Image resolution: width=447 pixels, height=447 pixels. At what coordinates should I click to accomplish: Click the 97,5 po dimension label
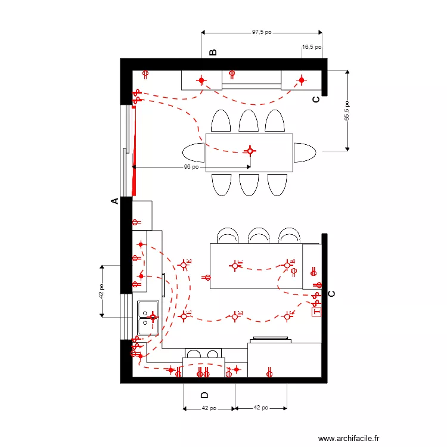[262, 32]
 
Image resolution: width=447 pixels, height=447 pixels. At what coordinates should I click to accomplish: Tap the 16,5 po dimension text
[312, 46]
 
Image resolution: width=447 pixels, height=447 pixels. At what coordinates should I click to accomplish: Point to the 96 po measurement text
[191, 167]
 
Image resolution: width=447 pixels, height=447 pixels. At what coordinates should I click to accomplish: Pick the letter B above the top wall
[213, 52]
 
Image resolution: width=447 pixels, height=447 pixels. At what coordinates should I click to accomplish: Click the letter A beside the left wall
[115, 202]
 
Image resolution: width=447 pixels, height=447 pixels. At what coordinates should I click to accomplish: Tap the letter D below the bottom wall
[205, 395]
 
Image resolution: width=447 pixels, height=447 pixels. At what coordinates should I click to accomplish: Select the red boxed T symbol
[316, 311]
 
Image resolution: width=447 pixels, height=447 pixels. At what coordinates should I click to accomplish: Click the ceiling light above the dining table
[250, 151]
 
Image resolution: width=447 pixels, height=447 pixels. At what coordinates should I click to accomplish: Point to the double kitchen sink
[148, 318]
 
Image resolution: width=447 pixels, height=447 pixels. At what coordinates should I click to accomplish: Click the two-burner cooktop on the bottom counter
[203, 355]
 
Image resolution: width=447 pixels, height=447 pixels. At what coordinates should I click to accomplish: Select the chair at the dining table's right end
[305, 153]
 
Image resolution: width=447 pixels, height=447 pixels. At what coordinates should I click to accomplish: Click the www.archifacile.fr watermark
[349, 437]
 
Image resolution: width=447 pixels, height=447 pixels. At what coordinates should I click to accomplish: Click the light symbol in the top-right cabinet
[302, 80]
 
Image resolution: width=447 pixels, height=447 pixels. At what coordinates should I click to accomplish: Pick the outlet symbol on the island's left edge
[207, 277]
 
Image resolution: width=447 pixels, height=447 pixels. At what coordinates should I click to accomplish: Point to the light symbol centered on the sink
[153, 318]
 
